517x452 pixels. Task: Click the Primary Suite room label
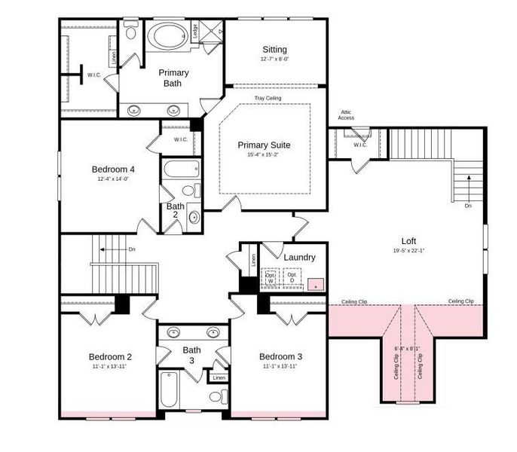click(264, 145)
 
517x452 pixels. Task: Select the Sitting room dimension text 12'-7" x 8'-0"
click(274, 60)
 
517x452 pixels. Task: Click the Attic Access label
click(346, 115)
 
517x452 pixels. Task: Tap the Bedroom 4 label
click(113, 169)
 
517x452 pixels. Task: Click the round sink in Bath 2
click(193, 218)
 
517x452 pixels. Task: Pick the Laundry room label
click(299, 258)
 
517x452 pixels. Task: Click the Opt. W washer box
click(270, 278)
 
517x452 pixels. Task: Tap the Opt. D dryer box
click(291, 278)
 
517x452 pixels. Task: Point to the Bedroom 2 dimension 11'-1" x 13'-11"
click(110, 367)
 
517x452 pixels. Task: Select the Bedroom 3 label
click(280, 356)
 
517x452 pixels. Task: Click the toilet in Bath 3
click(215, 395)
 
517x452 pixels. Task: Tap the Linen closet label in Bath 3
click(219, 377)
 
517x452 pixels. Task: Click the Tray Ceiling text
click(268, 98)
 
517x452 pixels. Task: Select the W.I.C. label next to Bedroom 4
click(181, 139)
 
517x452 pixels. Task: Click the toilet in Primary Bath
click(132, 32)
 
